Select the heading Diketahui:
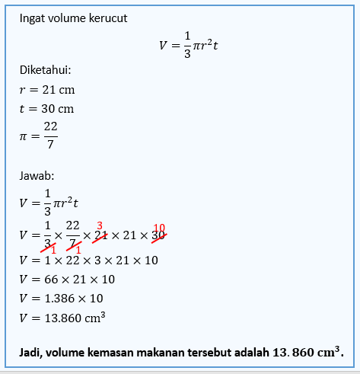point(46,70)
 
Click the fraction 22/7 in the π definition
point(50,136)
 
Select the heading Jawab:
point(37,177)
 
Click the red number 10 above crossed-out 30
point(159,228)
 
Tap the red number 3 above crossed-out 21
point(99,226)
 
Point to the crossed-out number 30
point(158,236)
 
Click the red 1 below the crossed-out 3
point(53,250)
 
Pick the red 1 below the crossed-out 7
point(78,250)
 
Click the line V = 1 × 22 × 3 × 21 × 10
point(89,261)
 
